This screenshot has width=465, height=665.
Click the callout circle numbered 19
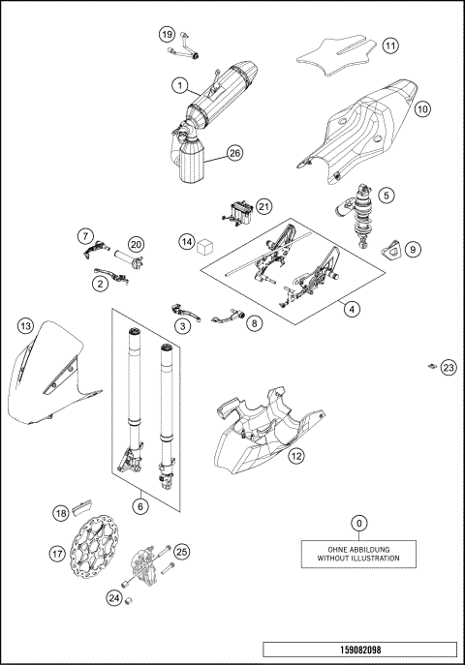(166, 34)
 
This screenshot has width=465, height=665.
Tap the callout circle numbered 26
(233, 153)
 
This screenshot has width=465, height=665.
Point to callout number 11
(389, 45)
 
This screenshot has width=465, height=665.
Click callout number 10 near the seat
(422, 110)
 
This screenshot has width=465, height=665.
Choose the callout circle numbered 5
(386, 195)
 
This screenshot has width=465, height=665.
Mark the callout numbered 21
(264, 206)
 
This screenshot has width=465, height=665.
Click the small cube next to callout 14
(204, 247)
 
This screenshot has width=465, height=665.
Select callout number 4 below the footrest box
(352, 310)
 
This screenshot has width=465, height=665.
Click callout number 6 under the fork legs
(141, 505)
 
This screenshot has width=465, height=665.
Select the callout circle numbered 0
(358, 524)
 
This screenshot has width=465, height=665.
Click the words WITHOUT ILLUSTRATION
(358, 559)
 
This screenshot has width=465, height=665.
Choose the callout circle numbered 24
(114, 598)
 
